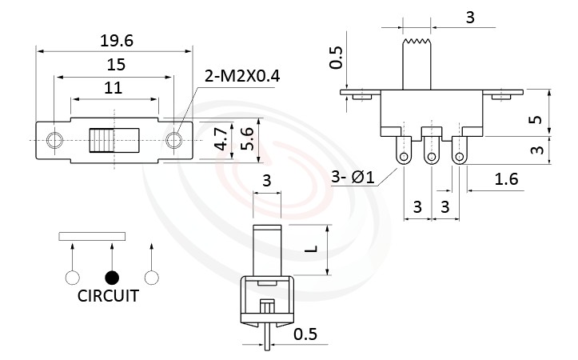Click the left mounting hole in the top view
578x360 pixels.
[x=54, y=141]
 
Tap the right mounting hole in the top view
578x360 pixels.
[x=173, y=141]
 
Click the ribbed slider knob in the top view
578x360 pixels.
[x=100, y=141]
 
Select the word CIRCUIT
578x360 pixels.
[x=108, y=296]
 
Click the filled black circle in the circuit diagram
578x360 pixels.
[x=113, y=278]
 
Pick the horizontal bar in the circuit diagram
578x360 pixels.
[x=92, y=236]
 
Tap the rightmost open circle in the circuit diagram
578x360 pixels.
[x=151, y=278]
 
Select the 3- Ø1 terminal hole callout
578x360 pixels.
[x=353, y=178]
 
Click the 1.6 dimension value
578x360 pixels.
[x=506, y=179]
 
